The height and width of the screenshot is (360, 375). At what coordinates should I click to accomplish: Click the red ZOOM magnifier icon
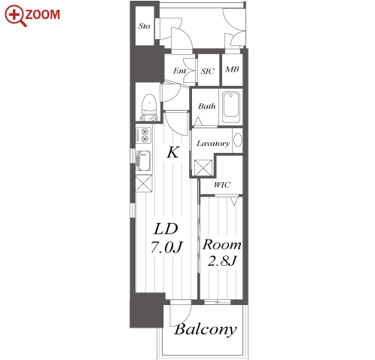point(15,16)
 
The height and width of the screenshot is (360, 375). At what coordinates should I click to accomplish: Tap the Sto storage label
point(144,26)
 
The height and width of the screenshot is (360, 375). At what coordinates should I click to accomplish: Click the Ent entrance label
point(180,71)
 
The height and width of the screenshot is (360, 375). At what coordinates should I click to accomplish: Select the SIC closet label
point(208,72)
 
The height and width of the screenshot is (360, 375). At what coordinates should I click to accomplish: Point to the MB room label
point(232,69)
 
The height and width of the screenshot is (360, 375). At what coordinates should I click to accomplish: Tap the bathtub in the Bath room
point(231,106)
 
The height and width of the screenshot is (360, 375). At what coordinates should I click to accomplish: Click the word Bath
point(206,106)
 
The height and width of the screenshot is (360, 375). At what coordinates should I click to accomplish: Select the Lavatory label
point(213,143)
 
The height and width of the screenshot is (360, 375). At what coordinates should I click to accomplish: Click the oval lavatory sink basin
point(238,140)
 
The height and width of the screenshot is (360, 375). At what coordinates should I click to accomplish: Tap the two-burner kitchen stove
point(144,136)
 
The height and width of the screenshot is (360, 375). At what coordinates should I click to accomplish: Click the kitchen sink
point(143,161)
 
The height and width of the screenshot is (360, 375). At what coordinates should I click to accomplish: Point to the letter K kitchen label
point(173,152)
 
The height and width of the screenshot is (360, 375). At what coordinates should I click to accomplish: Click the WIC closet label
point(222,185)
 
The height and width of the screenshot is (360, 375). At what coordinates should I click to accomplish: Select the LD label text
point(166,229)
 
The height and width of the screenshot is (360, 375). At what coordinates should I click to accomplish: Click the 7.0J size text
point(166,247)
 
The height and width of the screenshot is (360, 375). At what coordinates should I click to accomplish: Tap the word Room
point(222,245)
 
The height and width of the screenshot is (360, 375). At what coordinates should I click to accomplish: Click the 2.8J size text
point(222,261)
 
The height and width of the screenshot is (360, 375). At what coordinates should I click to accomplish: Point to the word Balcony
point(206,329)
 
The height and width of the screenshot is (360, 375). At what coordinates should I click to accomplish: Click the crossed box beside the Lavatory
point(203,168)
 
